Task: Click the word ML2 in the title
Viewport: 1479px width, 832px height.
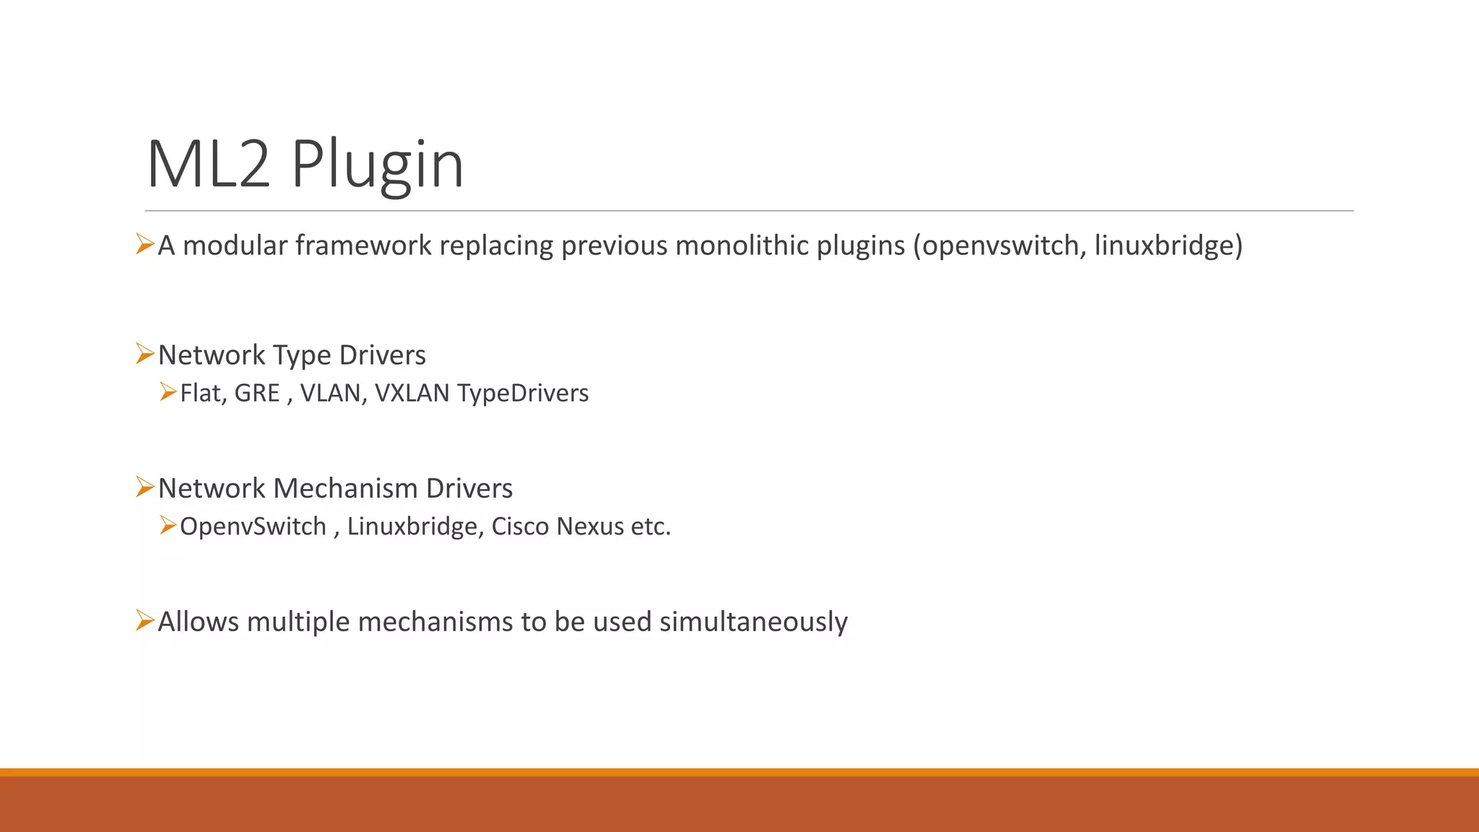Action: [209, 165]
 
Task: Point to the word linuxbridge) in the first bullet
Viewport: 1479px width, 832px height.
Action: [1168, 246]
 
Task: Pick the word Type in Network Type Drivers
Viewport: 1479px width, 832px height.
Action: [302, 356]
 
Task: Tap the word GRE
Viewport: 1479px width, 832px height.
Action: [257, 393]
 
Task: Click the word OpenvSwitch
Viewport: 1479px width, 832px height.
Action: [253, 526]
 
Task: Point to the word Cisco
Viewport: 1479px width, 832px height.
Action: [520, 526]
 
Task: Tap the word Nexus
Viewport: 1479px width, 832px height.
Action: [590, 526]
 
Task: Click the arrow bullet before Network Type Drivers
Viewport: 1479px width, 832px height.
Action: [144, 354]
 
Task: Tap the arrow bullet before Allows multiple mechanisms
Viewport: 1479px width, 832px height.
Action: [144, 620]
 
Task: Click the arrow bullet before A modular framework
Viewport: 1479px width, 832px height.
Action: [144, 244]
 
